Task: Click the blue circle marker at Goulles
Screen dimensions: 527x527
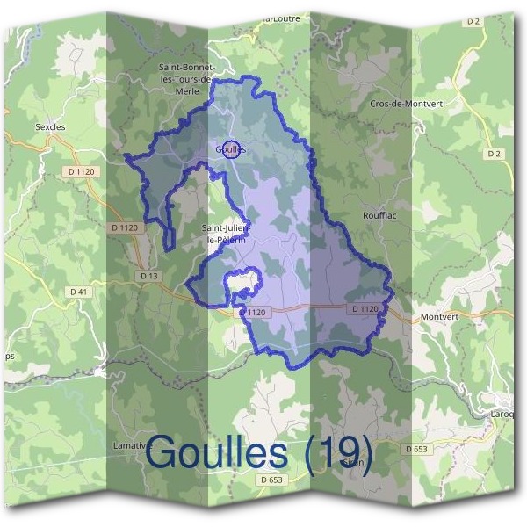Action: [231, 148]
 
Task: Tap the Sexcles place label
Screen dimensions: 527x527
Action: [50, 126]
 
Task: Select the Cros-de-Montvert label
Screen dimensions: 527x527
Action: [405, 103]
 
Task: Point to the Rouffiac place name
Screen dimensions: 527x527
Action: [380, 213]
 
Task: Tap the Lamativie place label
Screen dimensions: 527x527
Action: [132, 446]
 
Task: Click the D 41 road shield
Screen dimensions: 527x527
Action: [78, 291]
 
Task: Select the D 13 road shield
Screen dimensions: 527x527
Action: [148, 276]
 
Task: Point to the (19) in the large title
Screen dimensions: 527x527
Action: [336, 453]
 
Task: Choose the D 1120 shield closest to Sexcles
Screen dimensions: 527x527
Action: [85, 172]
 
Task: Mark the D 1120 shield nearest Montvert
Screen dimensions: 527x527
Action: [365, 309]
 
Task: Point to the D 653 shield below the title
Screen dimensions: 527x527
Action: [272, 480]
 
